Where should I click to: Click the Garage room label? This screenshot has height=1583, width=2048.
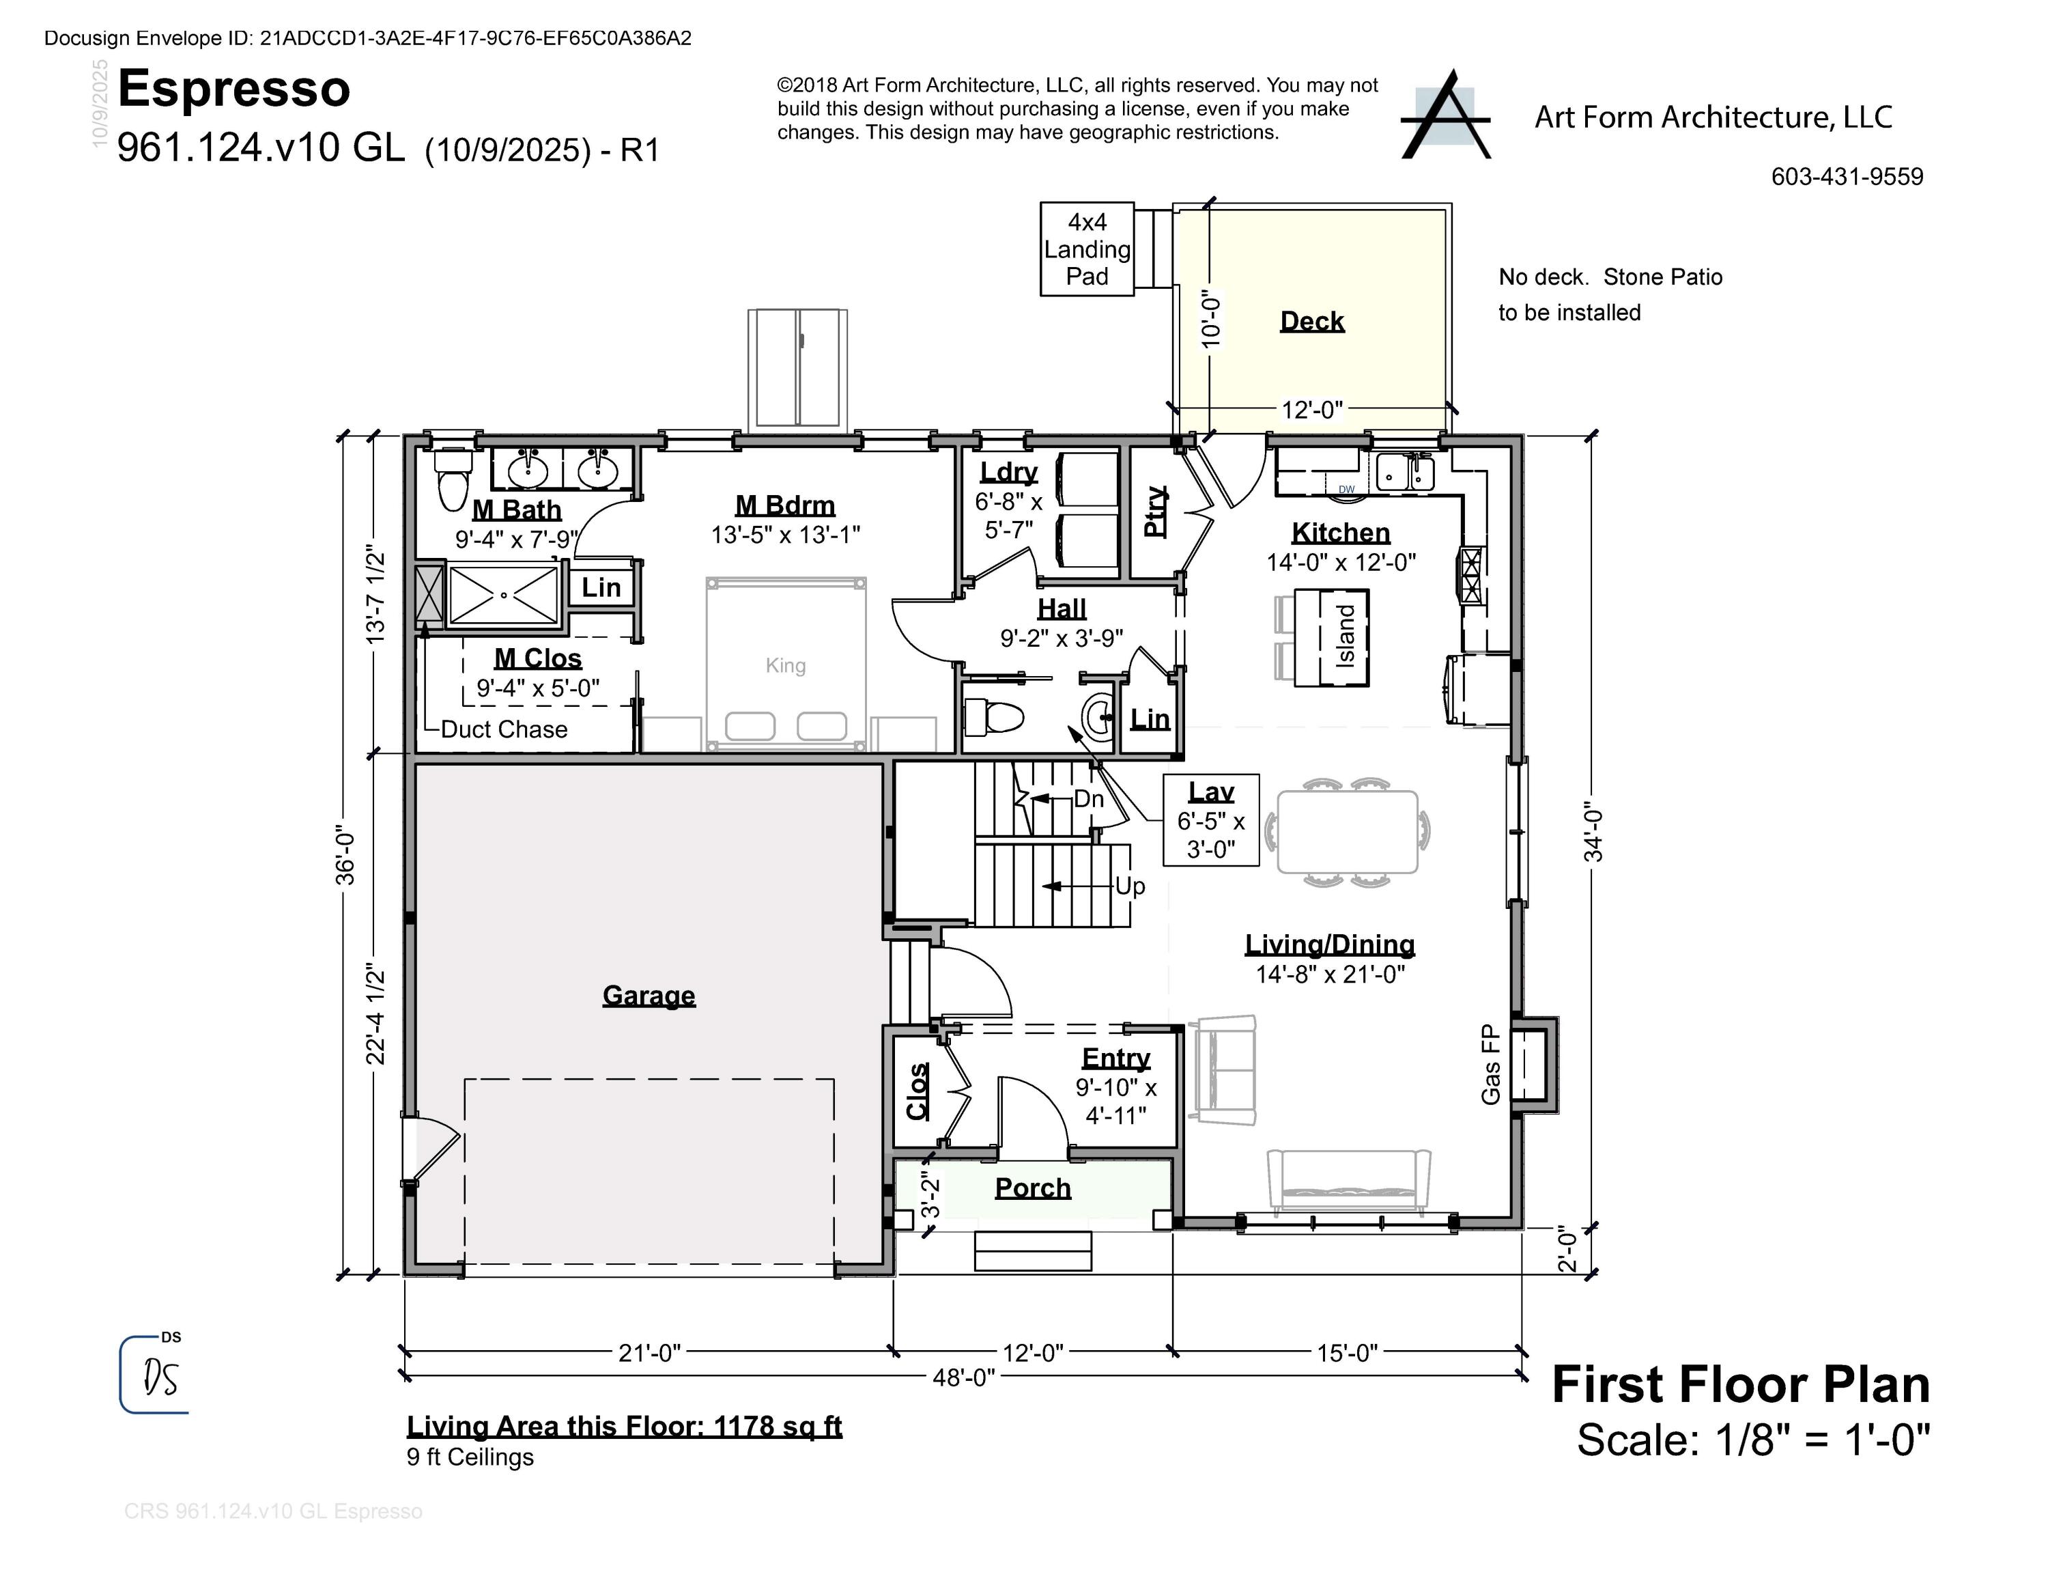[x=649, y=995]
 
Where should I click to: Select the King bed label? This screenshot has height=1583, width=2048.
[x=785, y=665]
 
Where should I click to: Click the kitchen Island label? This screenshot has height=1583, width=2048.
[x=1346, y=636]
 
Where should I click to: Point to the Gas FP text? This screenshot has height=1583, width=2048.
[x=1490, y=1065]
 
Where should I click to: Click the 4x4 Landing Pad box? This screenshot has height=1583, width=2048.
[x=1087, y=249]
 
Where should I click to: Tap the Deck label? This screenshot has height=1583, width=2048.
[x=1312, y=322]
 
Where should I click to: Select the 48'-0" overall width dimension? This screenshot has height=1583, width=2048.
[x=963, y=1377]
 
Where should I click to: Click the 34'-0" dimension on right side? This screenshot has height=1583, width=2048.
[x=1594, y=831]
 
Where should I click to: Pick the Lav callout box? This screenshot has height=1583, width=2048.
[x=1210, y=821]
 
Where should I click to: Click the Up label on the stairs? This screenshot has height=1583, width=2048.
[x=1129, y=886]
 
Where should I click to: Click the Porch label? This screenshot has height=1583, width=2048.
[x=1032, y=1188]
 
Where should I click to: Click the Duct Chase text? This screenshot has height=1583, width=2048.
[x=504, y=729]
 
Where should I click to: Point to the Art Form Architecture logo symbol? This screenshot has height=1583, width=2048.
[x=1445, y=116]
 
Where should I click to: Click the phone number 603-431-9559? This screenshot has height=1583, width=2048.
[x=1847, y=178]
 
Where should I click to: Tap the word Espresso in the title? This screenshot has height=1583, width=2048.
[x=233, y=89]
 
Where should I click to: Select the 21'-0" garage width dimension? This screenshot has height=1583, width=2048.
[x=649, y=1354]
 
